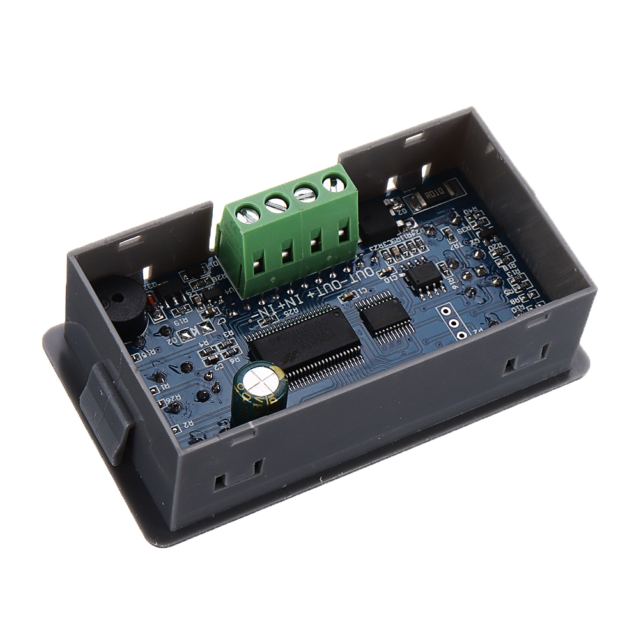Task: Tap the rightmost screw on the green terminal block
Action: tap(332, 183)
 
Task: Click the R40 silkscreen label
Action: tap(472, 213)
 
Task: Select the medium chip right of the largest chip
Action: tap(382, 313)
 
